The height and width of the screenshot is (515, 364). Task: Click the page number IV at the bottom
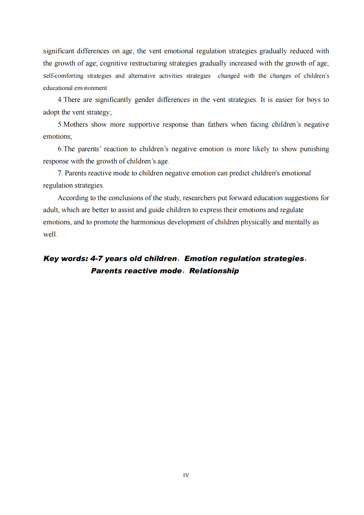[x=186, y=475]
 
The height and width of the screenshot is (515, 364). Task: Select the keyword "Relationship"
[x=214, y=271]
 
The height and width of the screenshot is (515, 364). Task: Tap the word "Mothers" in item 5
[x=76, y=125]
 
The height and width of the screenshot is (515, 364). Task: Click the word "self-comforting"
[x=63, y=76]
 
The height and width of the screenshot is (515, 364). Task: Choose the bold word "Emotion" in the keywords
[x=201, y=259]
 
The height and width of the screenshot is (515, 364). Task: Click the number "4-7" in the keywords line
[x=96, y=259]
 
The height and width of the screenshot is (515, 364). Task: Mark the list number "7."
[x=60, y=173]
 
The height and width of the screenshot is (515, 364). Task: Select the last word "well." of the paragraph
[x=50, y=234]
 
